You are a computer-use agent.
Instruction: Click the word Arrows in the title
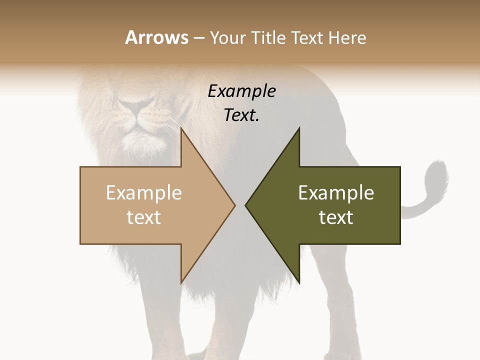[157, 37]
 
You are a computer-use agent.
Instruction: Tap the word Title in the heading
[269, 37]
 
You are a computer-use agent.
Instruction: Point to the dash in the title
[199, 38]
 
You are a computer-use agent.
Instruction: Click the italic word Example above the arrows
[241, 91]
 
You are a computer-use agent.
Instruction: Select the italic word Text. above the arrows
[241, 115]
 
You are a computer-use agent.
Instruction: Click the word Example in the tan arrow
[143, 193]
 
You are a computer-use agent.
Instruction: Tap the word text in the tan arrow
[143, 217]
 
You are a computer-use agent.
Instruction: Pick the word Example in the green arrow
[336, 193]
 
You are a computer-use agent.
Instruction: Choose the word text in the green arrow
[336, 217]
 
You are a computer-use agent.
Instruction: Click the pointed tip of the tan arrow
[234, 205]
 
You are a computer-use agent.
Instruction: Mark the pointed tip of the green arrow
[246, 205]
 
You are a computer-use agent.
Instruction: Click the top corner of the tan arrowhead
[181, 128]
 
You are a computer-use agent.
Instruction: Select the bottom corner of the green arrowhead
[299, 282]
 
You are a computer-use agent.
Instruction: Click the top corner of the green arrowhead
[299, 128]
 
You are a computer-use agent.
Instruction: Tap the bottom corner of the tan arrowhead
[181, 282]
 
